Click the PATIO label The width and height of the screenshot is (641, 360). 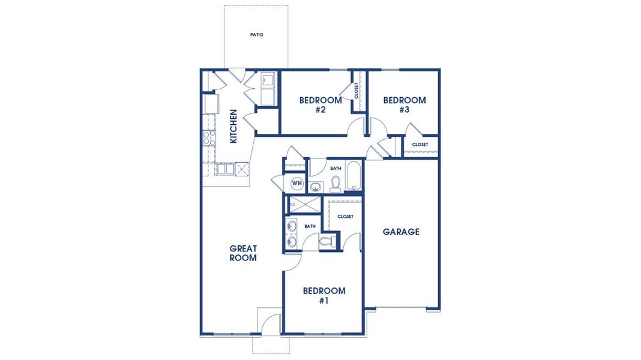[256, 35]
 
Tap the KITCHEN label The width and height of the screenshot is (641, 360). [233, 126]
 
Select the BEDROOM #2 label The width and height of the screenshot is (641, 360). [320, 105]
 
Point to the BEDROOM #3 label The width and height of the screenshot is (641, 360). [404, 105]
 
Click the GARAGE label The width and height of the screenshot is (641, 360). [401, 232]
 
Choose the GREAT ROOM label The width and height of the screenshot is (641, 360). [243, 253]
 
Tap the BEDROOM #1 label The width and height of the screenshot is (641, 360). [324, 296]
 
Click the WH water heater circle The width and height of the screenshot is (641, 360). [296, 182]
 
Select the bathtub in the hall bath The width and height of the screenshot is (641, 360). [354, 176]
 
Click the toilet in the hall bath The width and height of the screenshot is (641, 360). [336, 184]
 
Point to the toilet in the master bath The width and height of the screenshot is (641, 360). [327, 241]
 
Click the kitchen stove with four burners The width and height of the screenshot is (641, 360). [209, 139]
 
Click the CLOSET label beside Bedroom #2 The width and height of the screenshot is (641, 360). [357, 91]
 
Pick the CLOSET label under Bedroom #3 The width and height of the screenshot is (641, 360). [420, 145]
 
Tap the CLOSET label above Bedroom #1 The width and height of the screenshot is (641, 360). [345, 217]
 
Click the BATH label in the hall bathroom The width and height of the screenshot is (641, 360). [336, 169]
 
